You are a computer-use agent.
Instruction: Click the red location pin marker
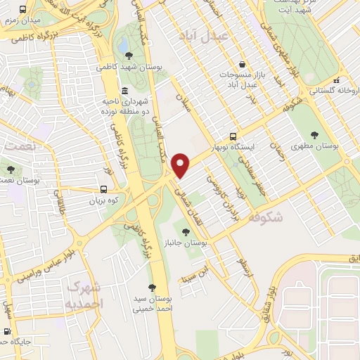click(181, 166)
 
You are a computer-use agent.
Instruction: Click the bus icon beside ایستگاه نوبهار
click(233, 137)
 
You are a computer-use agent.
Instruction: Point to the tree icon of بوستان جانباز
click(186, 231)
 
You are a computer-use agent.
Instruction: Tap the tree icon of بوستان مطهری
click(314, 135)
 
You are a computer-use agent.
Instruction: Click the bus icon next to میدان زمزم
click(23, 10)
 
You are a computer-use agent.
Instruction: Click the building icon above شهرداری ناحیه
click(124, 91)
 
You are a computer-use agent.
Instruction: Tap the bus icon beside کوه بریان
click(104, 189)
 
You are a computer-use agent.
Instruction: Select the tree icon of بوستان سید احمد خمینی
click(151, 287)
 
